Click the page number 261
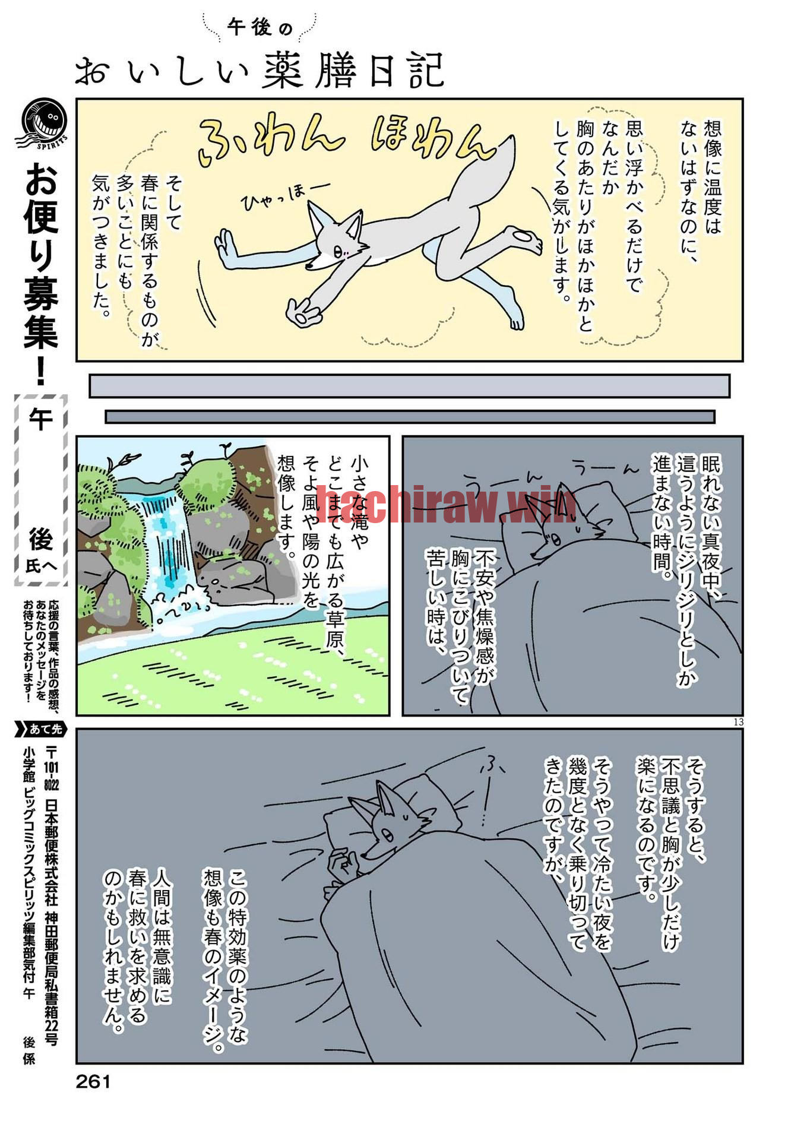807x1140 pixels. [x=93, y=1082]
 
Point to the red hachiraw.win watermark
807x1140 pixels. [x=445, y=503]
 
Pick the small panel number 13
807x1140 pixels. [x=738, y=722]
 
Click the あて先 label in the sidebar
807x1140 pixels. [x=40, y=729]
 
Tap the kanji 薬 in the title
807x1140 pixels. [x=287, y=71]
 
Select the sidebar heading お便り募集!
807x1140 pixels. [x=41, y=273]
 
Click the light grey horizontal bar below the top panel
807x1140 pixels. [x=409, y=385]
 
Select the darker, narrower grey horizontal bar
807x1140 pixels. [x=410, y=417]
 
